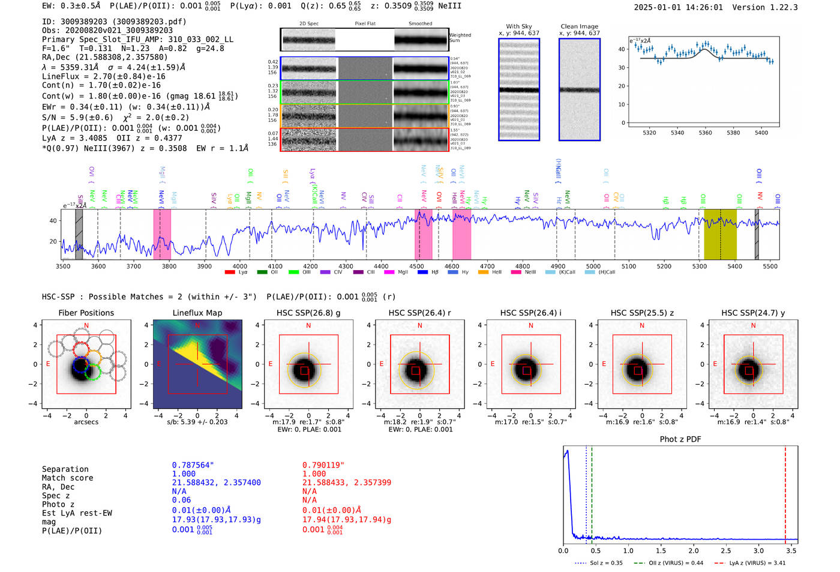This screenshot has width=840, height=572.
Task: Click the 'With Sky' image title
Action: point(518,26)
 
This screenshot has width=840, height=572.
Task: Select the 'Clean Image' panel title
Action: point(579,26)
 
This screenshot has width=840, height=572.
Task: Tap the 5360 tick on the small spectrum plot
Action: point(705,133)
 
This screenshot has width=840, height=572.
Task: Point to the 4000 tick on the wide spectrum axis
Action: point(240,266)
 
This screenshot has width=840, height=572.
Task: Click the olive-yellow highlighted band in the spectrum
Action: point(720,234)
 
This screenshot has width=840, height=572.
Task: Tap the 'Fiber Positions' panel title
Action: point(86,313)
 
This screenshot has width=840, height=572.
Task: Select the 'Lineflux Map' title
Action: point(197,313)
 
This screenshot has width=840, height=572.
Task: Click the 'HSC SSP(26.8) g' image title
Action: point(308,313)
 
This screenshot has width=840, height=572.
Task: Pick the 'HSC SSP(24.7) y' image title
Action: point(753,313)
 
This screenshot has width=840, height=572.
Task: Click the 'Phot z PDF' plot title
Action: point(680,439)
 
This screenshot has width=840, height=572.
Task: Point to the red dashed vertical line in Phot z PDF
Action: point(785,492)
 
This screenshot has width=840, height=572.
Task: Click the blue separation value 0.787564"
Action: point(193,465)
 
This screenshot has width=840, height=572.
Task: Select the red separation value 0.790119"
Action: point(323,465)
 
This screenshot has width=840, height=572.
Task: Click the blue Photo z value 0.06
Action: point(181,500)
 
